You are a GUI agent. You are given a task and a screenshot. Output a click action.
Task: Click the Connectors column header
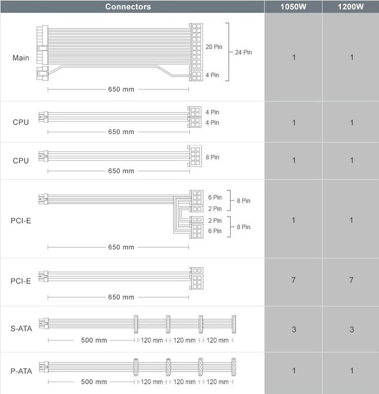pyautogui.click(x=128, y=7)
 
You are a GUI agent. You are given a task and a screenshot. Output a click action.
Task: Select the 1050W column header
pyautogui.click(x=293, y=7)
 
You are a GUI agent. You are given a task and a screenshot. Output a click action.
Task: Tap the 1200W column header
pyautogui.click(x=351, y=7)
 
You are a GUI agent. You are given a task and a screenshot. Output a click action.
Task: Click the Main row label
pyautogui.click(x=21, y=58)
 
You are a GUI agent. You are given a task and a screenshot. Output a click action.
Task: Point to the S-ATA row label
pyautogui.click(x=21, y=328)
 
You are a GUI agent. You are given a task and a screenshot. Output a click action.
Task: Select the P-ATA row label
pyautogui.click(x=21, y=371)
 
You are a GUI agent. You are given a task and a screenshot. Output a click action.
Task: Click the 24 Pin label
pyautogui.click(x=243, y=52)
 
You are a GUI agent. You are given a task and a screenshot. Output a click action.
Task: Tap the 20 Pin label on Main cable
pyautogui.click(x=214, y=47)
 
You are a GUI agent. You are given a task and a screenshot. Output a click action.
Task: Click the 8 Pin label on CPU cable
pyautogui.click(x=213, y=157)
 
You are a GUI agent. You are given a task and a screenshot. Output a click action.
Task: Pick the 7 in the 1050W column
pyautogui.click(x=294, y=280)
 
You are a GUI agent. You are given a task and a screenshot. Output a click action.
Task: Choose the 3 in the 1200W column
pyautogui.click(x=351, y=329)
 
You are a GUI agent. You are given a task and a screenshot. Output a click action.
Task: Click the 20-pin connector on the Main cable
pyautogui.click(x=196, y=46)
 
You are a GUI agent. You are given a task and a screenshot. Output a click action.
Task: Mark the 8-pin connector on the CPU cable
pyautogui.click(x=195, y=156)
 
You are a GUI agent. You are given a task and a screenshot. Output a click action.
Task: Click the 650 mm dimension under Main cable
pyautogui.click(x=121, y=89)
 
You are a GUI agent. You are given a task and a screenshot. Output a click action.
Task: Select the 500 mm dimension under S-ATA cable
pyautogui.click(x=94, y=340)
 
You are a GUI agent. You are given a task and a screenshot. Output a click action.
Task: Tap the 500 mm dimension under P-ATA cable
pyautogui.click(x=94, y=382)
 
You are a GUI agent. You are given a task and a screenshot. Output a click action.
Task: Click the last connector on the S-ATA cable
pyautogui.click(x=234, y=324)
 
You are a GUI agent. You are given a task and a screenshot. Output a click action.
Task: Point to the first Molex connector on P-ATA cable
pyautogui.click(x=136, y=367)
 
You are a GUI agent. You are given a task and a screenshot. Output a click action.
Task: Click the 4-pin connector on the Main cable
pyautogui.click(x=196, y=75)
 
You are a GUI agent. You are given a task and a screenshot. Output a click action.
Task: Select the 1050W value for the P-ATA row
pyautogui.click(x=294, y=370)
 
